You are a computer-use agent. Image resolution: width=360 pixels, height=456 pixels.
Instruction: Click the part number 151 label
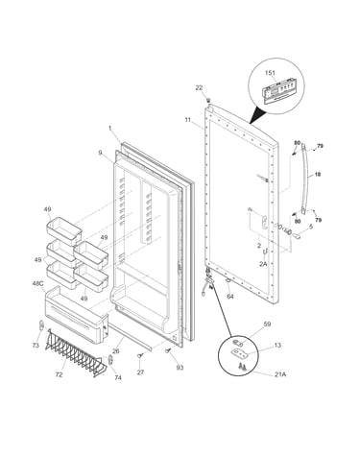pos(270,73)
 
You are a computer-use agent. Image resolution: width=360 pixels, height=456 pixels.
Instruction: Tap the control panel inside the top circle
pos(278,92)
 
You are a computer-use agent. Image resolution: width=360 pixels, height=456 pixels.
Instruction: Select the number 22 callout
pos(199,87)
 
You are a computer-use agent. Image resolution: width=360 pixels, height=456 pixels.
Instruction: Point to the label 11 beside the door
pos(188,120)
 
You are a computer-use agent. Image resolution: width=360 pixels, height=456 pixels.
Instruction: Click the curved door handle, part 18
pos(305,180)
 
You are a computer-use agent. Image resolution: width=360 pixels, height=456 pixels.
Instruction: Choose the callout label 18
pos(318,175)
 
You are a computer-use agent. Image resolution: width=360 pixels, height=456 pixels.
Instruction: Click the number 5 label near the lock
pos(310,227)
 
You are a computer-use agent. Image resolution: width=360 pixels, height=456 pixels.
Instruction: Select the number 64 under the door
pos(230,297)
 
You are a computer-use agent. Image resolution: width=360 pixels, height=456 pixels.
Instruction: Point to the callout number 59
pos(267,324)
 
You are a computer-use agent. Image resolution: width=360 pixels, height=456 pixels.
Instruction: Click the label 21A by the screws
pos(280,374)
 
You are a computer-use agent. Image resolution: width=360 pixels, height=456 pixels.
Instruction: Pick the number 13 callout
pos(277,346)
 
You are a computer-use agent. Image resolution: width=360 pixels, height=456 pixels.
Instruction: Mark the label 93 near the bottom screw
pos(180,368)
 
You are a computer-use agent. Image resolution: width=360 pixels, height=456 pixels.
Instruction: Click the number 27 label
pos(140,372)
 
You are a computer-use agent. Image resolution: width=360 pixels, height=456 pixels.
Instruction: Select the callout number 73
pos(36,346)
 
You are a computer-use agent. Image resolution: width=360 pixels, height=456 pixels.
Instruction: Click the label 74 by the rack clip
pos(118,377)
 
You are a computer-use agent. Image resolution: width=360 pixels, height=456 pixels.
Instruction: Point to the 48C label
pos(37,283)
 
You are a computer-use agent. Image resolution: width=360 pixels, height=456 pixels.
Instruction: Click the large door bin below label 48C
pos(76,315)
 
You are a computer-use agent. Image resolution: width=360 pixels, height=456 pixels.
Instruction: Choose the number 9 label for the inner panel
pos(101,153)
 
